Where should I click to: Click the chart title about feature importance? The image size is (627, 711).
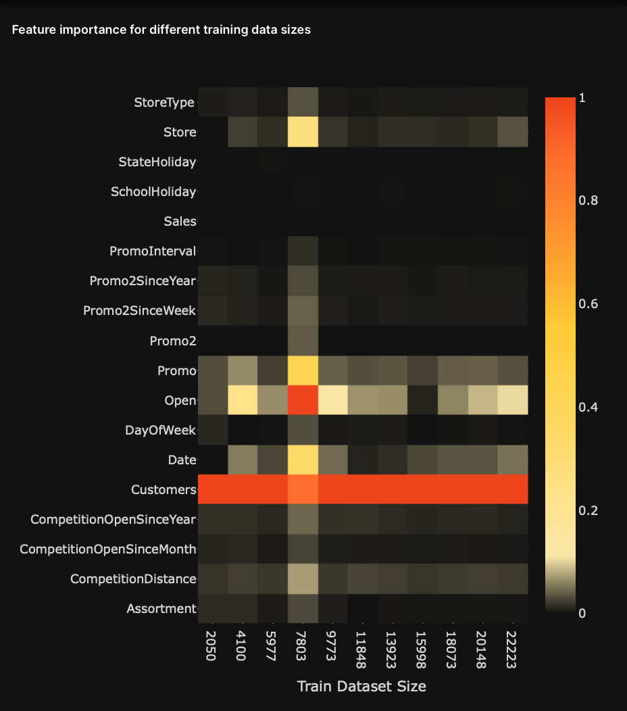pos(161,30)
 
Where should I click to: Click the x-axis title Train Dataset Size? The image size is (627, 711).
pos(361,686)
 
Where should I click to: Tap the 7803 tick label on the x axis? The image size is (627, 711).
pos(303,648)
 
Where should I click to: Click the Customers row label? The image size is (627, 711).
pos(164,489)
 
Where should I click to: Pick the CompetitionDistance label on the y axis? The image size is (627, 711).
pos(133,579)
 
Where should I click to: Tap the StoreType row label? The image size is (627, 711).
pos(164,103)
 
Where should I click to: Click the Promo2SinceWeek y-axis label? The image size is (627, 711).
pos(139,310)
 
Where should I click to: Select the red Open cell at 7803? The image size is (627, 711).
pos(303,400)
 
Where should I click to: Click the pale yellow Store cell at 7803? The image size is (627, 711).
pos(303,132)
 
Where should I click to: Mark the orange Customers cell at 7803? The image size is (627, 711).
pos(303,489)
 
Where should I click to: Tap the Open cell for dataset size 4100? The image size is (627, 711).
pos(243,400)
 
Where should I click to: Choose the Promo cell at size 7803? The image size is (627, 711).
pos(303,370)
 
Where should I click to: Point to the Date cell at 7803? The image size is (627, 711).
pos(303,460)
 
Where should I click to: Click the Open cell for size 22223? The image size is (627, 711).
pos(513,400)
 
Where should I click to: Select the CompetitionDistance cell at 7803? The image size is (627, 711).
pos(303,579)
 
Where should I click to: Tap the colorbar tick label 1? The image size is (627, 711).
pos(582,99)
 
